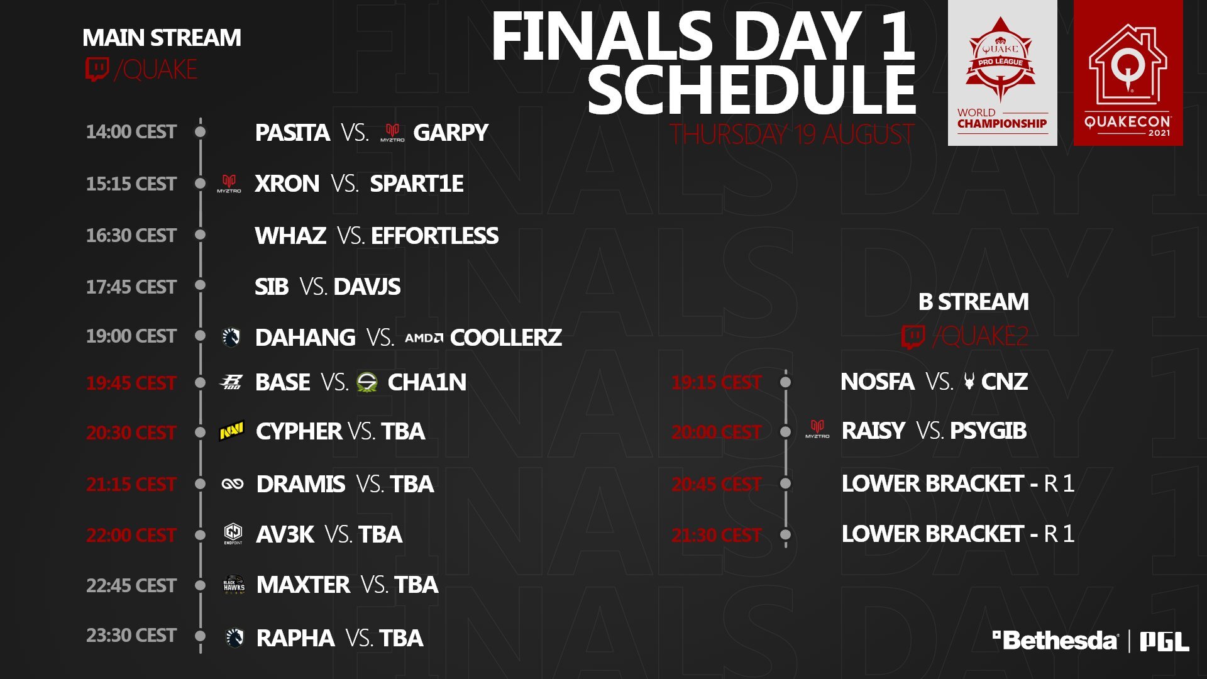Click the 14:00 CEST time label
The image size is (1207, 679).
coord(131,132)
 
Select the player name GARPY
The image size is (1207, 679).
coord(451,133)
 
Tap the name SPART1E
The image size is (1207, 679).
coord(417,184)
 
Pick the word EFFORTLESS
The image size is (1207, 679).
coord(434,236)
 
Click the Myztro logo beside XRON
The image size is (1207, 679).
coord(229,184)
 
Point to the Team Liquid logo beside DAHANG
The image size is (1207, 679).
coord(231,337)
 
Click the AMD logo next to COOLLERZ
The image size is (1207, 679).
coord(424,338)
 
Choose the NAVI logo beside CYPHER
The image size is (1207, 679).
coord(231,431)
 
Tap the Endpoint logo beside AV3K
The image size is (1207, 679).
coord(233,534)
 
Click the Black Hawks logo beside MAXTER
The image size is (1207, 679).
coord(234,585)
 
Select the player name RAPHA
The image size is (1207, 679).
coord(295,638)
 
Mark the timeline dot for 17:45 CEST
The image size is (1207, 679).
coord(201,285)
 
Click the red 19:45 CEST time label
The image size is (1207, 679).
coord(131,383)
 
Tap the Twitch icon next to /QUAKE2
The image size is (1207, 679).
coord(913,336)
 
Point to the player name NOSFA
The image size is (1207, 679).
coord(878,382)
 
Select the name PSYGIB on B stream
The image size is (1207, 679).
coord(988,431)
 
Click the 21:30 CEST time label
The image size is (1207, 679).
coord(717,535)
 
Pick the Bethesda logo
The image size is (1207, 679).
coord(1055,641)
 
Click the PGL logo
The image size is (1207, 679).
coord(1164,641)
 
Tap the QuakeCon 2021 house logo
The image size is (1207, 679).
coord(1128,73)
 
